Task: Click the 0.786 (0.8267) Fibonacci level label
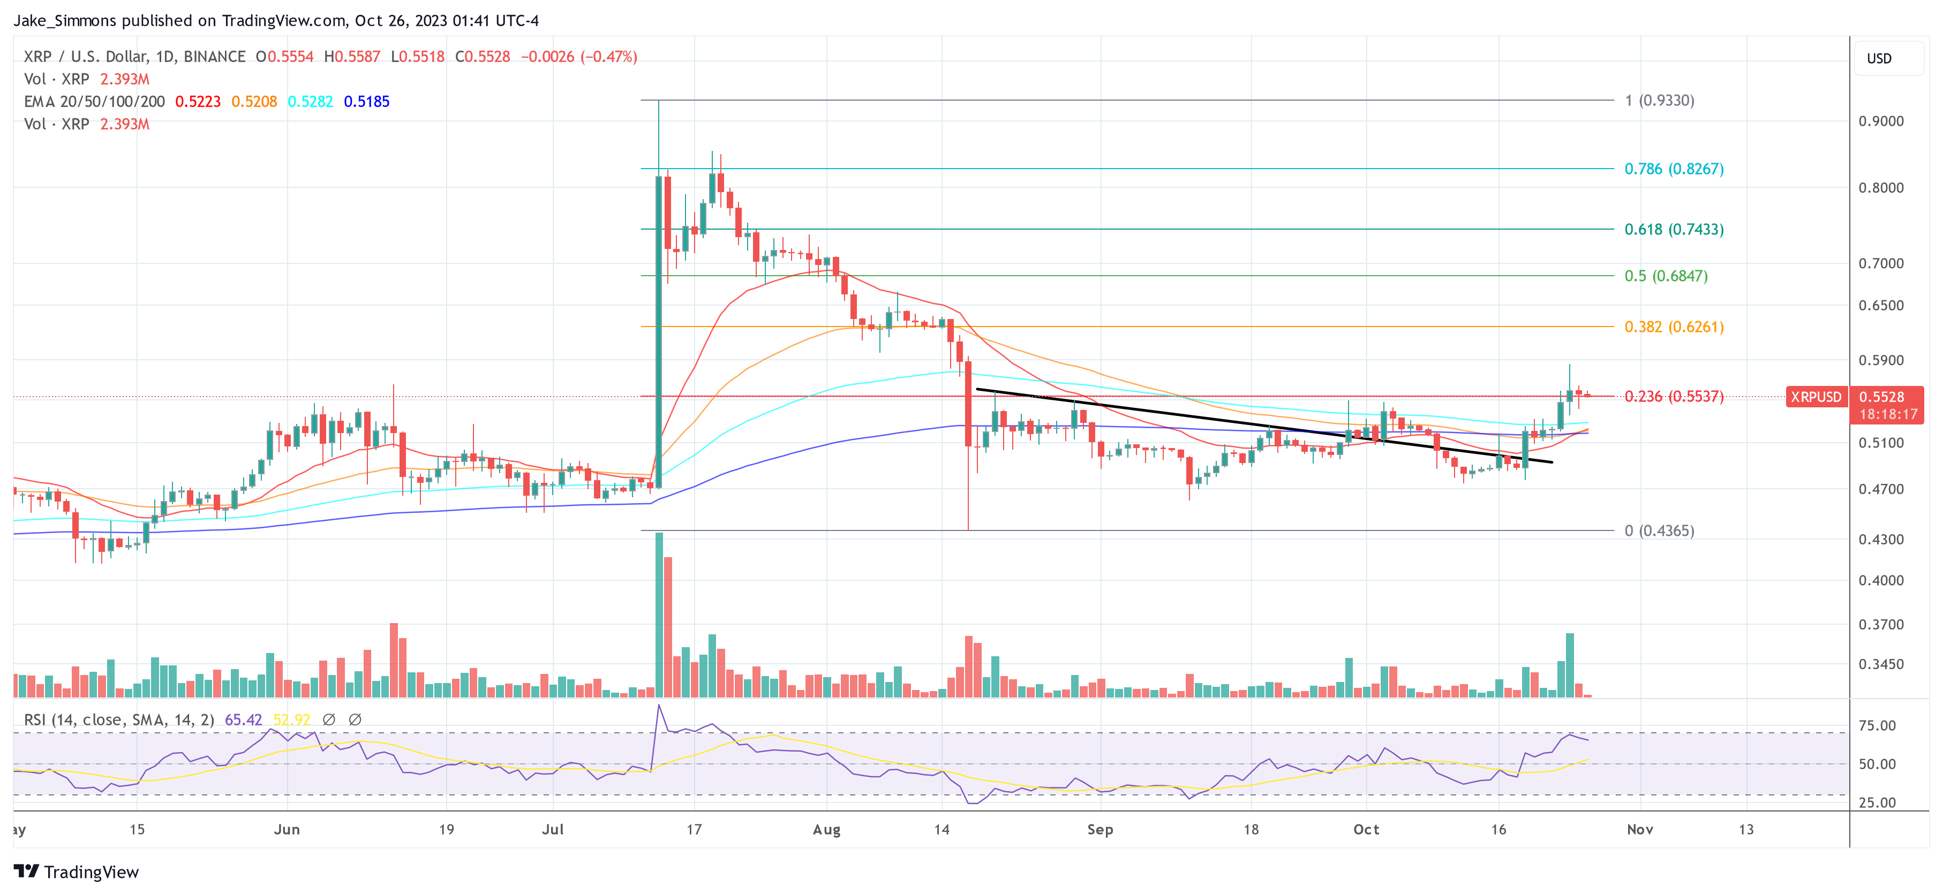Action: (1674, 169)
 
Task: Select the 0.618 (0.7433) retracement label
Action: (1674, 229)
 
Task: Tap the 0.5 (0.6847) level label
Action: (1666, 276)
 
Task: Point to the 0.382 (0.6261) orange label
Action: (1674, 327)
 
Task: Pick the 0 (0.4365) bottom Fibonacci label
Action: (1659, 531)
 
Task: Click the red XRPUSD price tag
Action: (1816, 397)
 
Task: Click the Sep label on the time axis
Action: (1099, 829)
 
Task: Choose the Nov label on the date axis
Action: (1640, 829)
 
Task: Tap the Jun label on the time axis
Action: (287, 829)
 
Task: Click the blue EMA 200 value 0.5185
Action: (366, 102)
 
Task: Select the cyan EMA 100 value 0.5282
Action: (310, 102)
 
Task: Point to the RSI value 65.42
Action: (243, 720)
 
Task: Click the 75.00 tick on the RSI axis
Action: (1877, 726)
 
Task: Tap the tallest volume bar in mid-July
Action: (659, 615)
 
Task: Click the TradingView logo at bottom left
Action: (76, 871)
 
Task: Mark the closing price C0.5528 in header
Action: (483, 57)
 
